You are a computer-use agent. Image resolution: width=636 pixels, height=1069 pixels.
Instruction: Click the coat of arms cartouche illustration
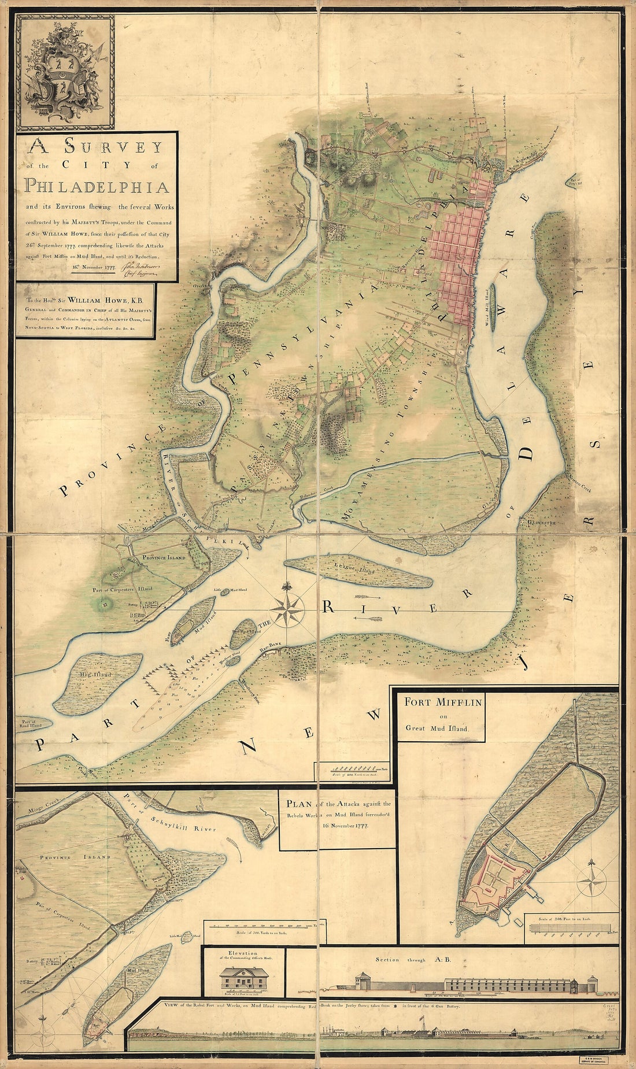(65, 72)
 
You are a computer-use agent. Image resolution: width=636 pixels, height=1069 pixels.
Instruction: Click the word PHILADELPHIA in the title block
(97, 187)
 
